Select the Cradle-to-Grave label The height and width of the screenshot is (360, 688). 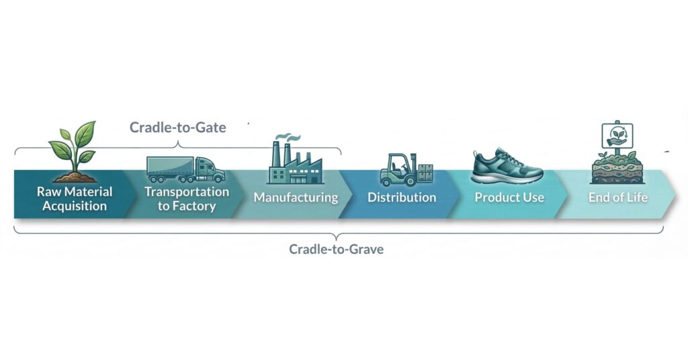(x=336, y=249)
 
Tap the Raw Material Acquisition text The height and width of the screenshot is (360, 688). (x=75, y=199)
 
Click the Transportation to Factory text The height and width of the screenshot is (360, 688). (x=187, y=199)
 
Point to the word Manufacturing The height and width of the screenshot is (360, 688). (x=295, y=197)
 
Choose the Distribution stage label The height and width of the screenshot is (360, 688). (x=402, y=197)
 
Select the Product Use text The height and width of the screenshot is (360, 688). (x=509, y=197)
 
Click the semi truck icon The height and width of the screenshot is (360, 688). (x=185, y=169)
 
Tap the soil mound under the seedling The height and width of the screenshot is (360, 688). (x=75, y=177)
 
